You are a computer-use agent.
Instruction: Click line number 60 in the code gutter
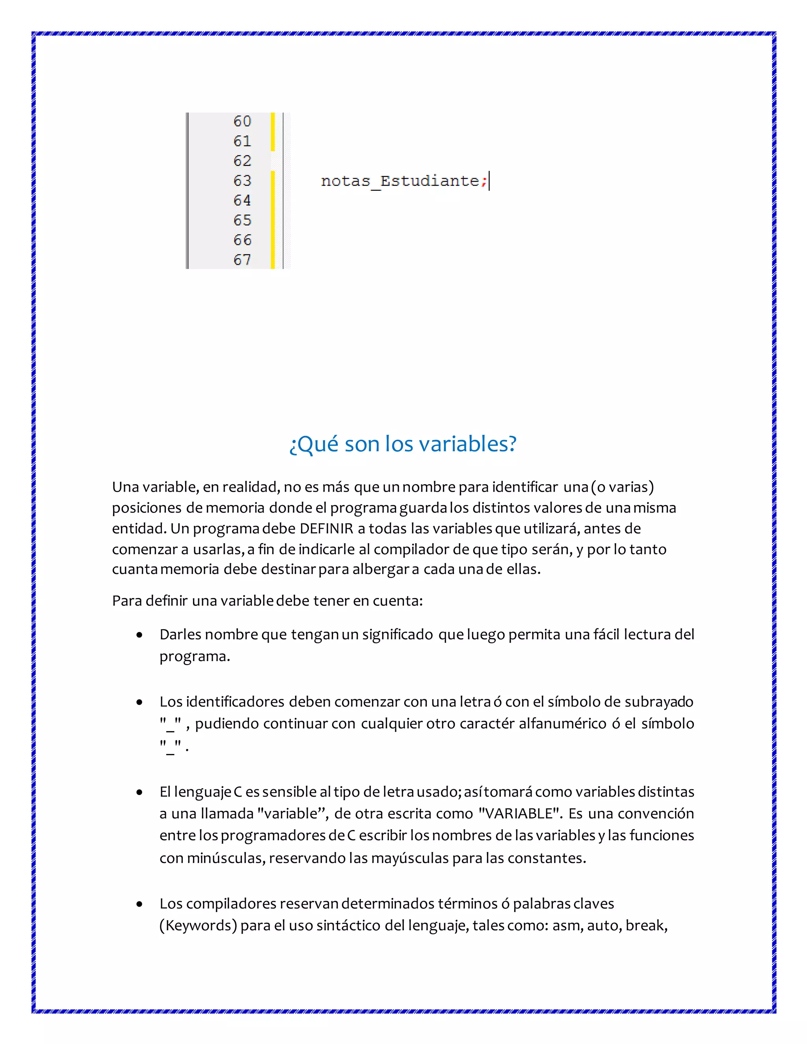point(242,121)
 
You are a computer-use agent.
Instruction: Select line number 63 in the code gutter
point(242,181)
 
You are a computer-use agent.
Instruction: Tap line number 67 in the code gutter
point(242,260)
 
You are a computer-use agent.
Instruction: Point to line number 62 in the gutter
point(242,161)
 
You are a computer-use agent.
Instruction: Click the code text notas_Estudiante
point(400,181)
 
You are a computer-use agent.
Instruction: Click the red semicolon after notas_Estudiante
point(484,182)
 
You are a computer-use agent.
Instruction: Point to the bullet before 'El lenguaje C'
point(139,793)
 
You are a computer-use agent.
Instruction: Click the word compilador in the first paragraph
point(412,549)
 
